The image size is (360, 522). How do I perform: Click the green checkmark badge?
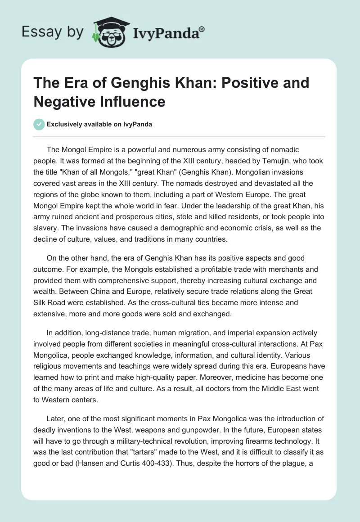[x=39, y=124]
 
